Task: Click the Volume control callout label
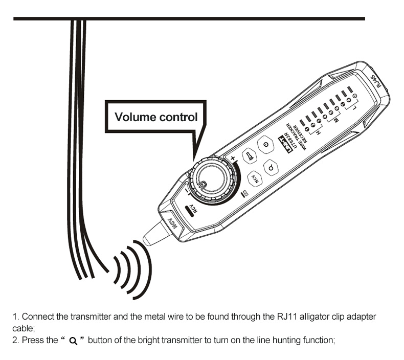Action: [x=155, y=117]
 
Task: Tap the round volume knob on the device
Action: [x=213, y=182]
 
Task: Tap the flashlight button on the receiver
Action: [x=249, y=155]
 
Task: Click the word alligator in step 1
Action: [x=301, y=317]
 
